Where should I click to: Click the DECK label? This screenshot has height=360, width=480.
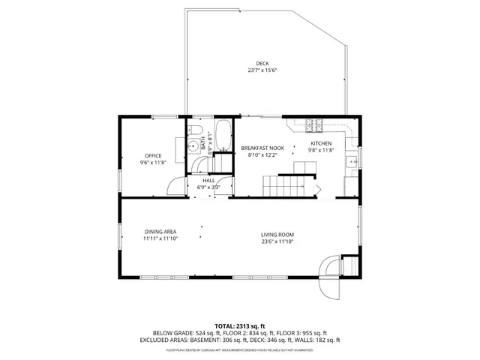click(262, 63)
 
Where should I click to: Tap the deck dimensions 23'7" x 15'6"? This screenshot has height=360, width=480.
click(262, 70)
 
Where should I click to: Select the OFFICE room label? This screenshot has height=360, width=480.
click(153, 156)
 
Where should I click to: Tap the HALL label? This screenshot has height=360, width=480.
click(207, 181)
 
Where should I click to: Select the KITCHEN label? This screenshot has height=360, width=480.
click(321, 143)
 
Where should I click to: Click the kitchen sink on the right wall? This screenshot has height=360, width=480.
click(351, 160)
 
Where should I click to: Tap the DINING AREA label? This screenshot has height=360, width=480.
click(160, 233)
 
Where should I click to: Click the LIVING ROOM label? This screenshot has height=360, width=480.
click(277, 235)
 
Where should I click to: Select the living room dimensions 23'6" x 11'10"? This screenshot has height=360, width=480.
click(277, 241)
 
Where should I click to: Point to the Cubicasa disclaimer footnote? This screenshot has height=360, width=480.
click(239, 349)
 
